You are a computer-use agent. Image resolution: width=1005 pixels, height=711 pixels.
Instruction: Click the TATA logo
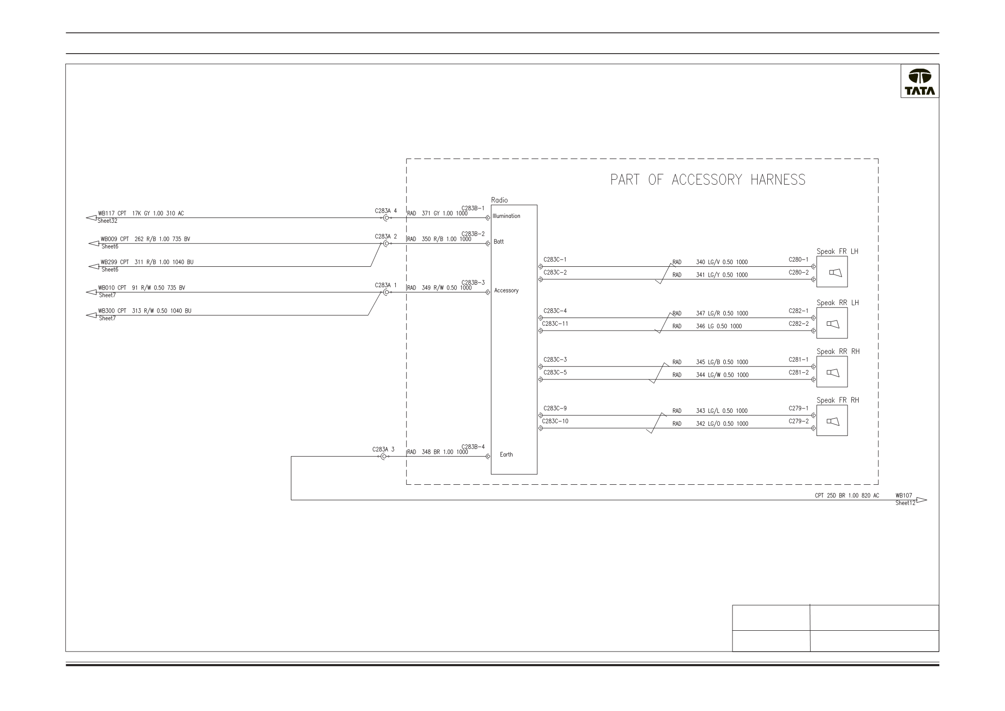click(x=919, y=81)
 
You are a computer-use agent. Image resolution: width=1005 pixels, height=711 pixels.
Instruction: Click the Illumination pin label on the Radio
click(x=506, y=216)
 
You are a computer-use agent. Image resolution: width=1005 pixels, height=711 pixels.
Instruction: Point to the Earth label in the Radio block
click(x=506, y=454)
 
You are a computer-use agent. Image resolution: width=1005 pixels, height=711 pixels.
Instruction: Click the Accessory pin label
click(x=506, y=290)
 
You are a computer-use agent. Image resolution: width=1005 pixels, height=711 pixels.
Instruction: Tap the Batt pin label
click(x=499, y=242)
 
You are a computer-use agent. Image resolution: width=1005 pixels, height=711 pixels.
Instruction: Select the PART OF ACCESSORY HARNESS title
click(x=708, y=180)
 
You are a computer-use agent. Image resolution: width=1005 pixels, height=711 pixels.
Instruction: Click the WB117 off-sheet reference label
click(x=106, y=213)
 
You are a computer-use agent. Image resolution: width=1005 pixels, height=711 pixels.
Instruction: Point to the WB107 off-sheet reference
click(x=904, y=495)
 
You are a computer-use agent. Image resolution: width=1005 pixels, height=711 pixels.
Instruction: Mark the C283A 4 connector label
click(x=386, y=211)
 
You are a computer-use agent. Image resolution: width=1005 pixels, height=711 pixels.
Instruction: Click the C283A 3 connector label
click(x=383, y=450)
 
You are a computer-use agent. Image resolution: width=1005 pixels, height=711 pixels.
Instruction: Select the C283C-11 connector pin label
click(x=555, y=324)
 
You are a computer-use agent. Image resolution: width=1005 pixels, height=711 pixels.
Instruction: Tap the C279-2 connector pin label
click(x=798, y=421)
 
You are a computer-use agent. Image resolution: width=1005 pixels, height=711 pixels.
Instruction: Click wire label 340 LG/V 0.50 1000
click(x=722, y=262)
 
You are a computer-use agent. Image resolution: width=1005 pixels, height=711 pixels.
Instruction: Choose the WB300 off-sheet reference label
click(x=106, y=311)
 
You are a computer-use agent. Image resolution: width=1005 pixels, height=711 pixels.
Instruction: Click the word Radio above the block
click(x=499, y=200)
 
